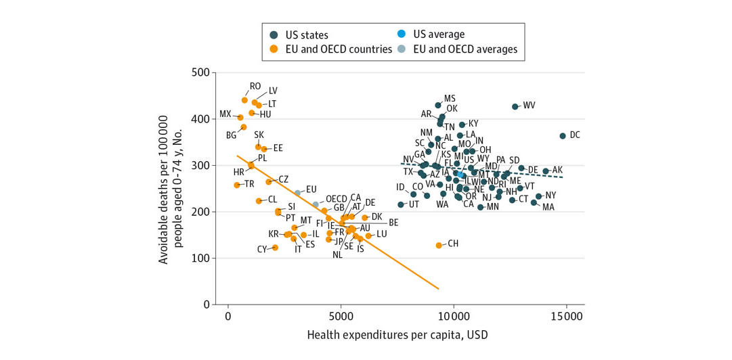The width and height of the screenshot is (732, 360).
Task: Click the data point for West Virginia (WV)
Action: [515, 106]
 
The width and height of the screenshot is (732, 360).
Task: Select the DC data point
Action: [563, 136]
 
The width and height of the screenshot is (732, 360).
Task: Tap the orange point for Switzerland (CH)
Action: [439, 245]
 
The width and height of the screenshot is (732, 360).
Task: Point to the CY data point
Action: [276, 248]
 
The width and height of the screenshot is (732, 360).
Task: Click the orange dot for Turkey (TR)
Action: [237, 185]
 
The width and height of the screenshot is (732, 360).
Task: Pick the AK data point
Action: [546, 171]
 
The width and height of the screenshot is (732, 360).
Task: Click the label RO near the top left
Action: [255, 87]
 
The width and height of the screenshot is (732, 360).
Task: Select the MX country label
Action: [225, 114]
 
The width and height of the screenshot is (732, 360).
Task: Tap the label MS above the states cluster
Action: [450, 99]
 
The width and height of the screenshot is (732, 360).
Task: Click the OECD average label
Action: [337, 199]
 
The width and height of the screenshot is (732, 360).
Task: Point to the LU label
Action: [381, 233]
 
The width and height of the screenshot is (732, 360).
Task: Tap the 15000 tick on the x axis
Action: [566, 317]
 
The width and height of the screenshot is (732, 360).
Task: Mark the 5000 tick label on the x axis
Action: [341, 317]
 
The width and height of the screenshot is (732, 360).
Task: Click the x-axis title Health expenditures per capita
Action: [397, 335]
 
